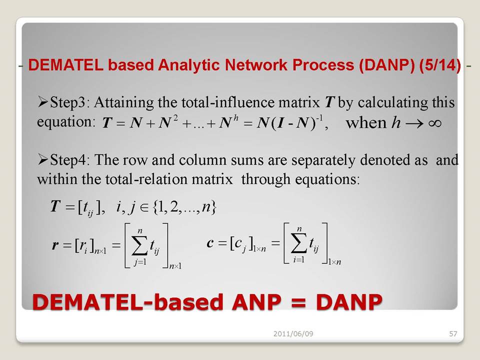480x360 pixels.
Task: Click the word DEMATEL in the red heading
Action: (x=65, y=65)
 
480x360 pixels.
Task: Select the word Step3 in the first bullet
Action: (x=67, y=102)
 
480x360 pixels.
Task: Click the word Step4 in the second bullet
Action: (x=67, y=160)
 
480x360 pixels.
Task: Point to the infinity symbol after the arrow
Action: (x=434, y=123)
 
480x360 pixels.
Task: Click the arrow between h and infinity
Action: (x=415, y=123)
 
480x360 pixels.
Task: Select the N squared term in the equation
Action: (x=168, y=122)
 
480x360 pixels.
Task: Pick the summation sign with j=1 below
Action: (x=139, y=245)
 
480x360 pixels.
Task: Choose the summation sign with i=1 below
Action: (x=298, y=243)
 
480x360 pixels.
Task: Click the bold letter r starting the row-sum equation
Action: (x=55, y=245)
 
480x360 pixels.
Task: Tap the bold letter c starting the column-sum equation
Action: (x=210, y=243)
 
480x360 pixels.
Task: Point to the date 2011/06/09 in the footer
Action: (x=293, y=333)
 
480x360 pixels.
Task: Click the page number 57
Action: (x=453, y=333)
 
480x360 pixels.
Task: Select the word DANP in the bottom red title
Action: (x=349, y=302)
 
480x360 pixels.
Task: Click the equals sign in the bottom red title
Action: (x=298, y=302)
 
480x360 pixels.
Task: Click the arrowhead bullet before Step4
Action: (x=42, y=160)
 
